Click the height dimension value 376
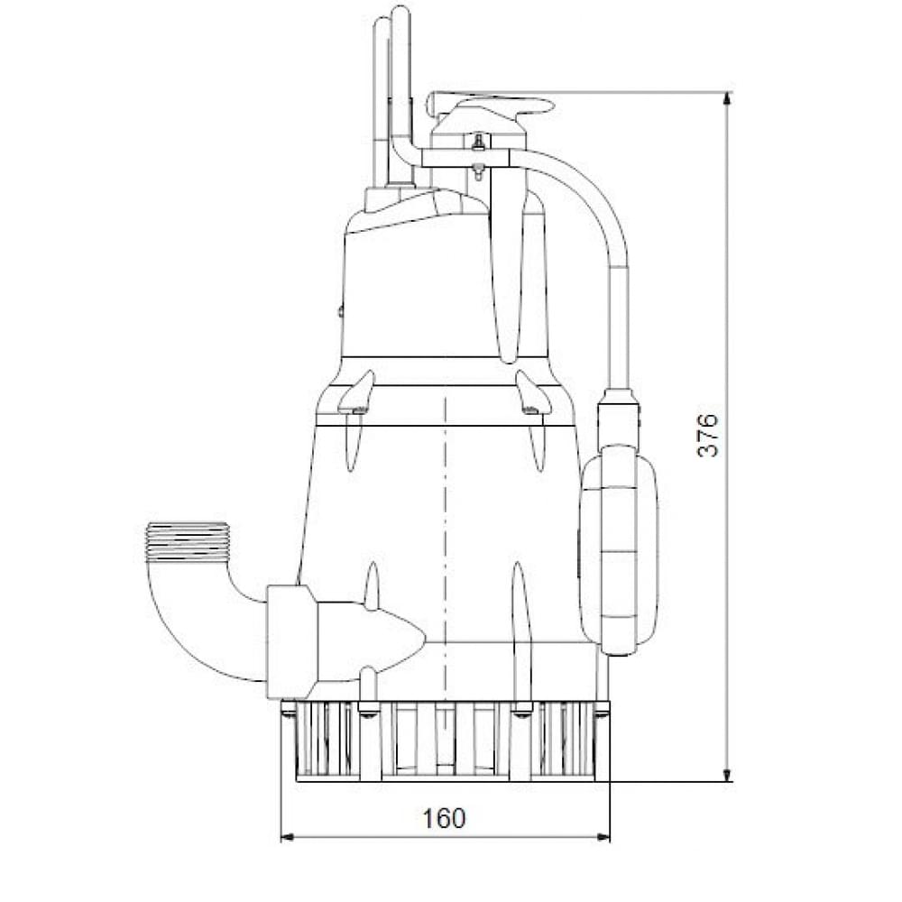click(709, 435)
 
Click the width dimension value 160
click(445, 818)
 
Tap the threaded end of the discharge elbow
click(187, 541)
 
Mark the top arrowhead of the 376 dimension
click(728, 98)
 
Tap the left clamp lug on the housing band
click(356, 395)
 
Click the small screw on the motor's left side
click(340, 312)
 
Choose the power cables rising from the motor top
click(393, 99)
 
